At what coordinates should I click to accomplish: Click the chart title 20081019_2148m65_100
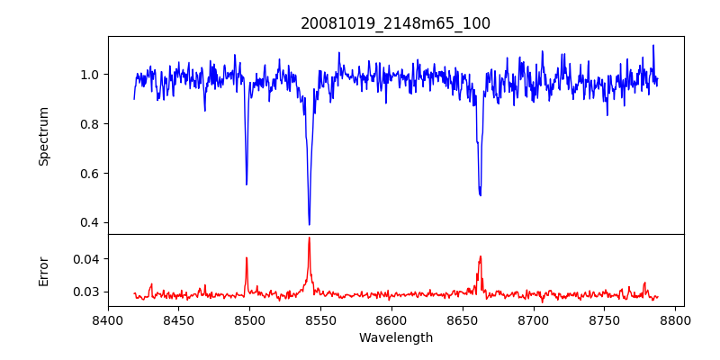[x=395, y=23]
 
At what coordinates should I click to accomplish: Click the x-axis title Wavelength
[x=395, y=337]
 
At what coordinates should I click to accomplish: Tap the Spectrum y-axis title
[x=43, y=136]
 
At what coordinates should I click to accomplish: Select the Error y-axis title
[x=43, y=271]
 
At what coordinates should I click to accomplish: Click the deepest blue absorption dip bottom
[x=309, y=224]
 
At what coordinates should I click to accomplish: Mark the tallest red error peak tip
[x=309, y=238]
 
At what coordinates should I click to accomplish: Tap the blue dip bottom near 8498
[x=247, y=184]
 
